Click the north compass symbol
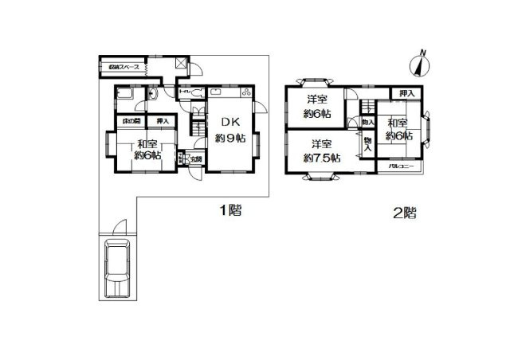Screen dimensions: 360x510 point(419,61)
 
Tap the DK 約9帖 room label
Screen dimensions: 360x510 point(229,130)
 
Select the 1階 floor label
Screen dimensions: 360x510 point(230,211)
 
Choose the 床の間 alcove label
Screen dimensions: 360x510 point(131,121)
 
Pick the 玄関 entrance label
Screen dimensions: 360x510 point(195,158)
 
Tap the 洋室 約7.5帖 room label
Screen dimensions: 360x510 point(322,151)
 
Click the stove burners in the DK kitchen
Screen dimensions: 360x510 point(245,94)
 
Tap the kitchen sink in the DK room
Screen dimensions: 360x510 point(219,93)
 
